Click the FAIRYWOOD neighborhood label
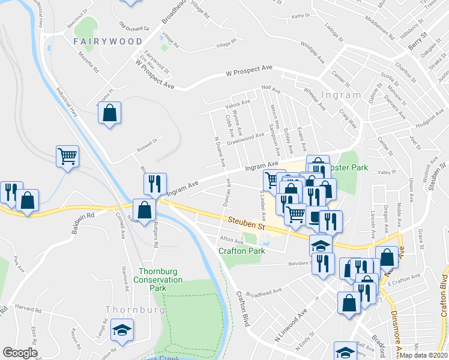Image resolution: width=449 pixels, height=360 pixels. coord(108,41)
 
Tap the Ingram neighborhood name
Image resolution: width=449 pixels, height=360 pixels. coord(341,95)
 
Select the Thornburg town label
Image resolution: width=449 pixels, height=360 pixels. coord(127,310)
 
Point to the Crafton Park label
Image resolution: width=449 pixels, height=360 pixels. coord(241,251)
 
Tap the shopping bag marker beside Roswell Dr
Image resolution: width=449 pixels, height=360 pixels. coord(110,114)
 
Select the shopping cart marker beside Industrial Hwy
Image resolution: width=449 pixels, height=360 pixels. coord(67,157)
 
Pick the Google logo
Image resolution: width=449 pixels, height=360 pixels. coord(20,353)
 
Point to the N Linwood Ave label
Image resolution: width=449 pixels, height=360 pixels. coord(292,322)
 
